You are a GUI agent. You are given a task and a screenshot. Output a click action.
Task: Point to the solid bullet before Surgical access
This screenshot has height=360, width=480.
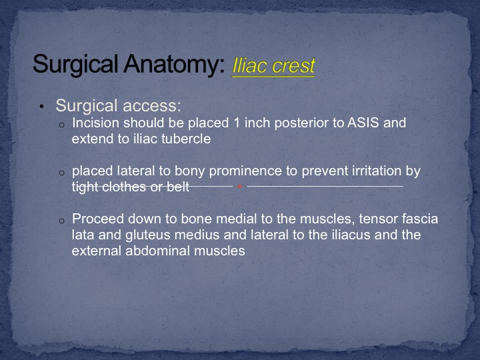tap(41, 107)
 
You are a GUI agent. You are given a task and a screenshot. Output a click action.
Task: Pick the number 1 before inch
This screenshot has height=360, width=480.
tap(236, 123)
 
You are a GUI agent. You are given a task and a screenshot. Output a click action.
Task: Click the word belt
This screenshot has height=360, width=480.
tap(178, 187)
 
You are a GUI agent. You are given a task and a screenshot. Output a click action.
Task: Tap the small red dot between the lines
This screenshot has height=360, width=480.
tap(240, 186)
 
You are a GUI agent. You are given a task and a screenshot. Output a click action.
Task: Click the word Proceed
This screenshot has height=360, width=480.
tap(97, 219)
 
